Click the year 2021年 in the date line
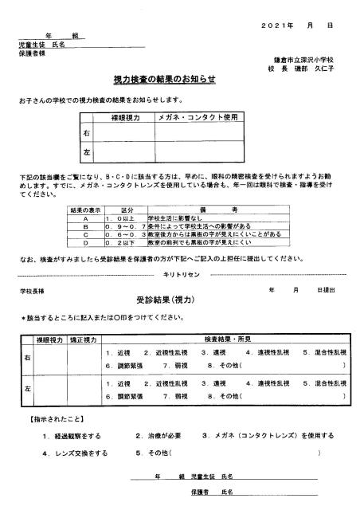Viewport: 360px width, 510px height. [276, 26]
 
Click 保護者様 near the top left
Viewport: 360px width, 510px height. [31, 53]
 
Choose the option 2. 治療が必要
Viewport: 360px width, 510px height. [160, 436]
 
